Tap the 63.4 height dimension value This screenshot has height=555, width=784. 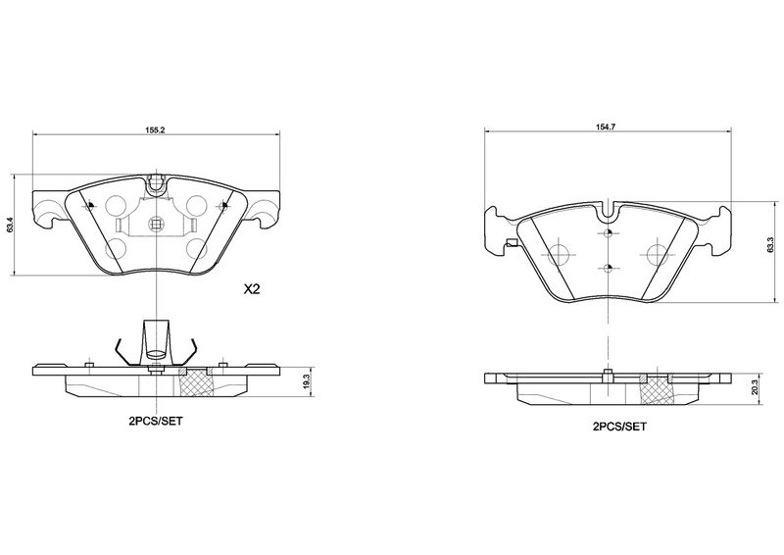point(12,224)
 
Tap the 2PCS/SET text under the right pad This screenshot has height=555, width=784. point(618,428)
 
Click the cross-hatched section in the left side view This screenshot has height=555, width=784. point(200,380)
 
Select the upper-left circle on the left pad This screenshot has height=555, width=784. point(116,206)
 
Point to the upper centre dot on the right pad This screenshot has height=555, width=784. point(609,234)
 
